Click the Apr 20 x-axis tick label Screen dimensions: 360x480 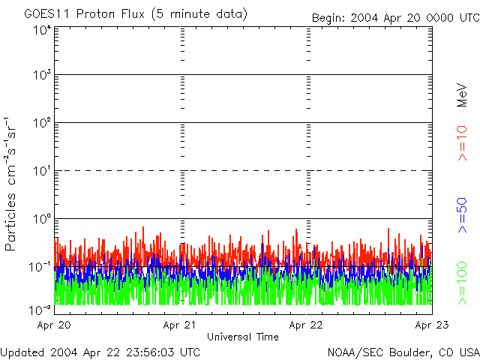55,325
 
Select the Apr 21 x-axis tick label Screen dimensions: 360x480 181,325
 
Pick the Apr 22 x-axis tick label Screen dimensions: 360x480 307,325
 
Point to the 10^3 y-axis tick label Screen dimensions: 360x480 41,75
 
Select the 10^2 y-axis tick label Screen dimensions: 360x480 41,122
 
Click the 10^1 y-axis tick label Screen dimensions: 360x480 41,170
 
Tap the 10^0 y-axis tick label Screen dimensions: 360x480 41,218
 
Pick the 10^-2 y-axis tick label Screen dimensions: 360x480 40,308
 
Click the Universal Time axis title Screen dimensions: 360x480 242,337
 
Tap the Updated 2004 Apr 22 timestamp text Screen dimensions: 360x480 100,351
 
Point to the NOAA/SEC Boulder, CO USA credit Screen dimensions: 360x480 403,351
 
